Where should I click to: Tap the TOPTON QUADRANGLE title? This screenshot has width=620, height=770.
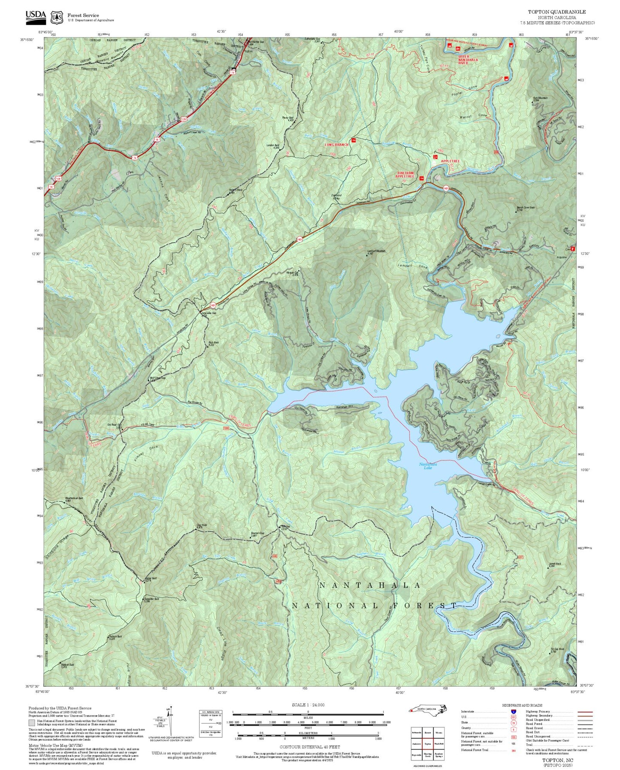point(556,12)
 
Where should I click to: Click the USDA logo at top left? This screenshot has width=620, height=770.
point(36,16)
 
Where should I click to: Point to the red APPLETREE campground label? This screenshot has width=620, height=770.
point(450,161)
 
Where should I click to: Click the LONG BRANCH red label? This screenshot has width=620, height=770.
point(336,145)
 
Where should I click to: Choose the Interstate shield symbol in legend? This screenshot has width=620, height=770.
point(513,711)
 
